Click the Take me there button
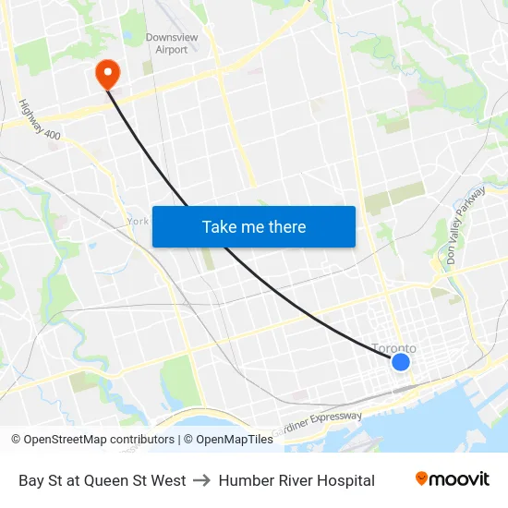coord(254,226)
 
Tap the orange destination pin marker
coord(108,73)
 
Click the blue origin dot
coord(401,362)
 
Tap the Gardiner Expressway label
coord(320,424)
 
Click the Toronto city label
coord(393,348)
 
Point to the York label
coord(138,222)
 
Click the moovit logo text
coord(460,479)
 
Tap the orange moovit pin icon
coord(422,478)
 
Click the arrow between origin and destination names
coord(202,480)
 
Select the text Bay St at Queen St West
coord(103,480)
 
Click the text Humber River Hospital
coord(296,480)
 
